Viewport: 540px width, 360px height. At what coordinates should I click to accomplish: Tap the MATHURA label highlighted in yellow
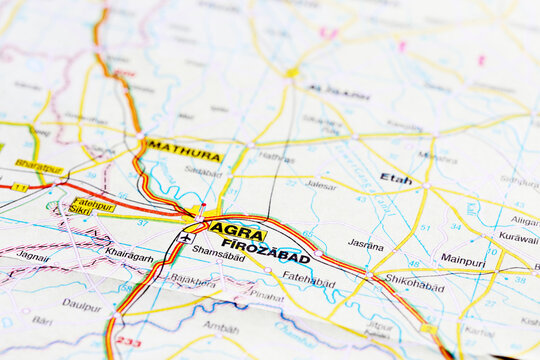coord(183,154)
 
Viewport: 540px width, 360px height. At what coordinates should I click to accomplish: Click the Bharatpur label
coord(39,166)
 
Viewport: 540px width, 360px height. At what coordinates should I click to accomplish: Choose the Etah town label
coord(395,178)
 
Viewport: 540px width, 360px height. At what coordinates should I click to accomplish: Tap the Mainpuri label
coord(462,259)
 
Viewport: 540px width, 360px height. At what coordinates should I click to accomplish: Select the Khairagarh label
coord(130,256)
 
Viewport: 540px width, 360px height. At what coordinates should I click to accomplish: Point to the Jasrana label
coord(365,244)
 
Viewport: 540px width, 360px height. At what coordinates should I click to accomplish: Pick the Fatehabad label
coord(308,280)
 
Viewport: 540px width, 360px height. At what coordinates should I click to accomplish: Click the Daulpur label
coord(82,304)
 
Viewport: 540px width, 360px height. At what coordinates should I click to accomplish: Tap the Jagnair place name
coord(32,256)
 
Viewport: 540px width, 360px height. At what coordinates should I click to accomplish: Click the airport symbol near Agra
coord(185,238)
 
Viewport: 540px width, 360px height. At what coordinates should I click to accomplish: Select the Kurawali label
coord(518,239)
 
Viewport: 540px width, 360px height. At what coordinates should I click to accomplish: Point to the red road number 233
coord(128,342)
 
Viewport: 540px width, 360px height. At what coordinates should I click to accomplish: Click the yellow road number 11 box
coord(19,187)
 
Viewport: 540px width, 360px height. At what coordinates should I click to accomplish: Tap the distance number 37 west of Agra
coord(142,222)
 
